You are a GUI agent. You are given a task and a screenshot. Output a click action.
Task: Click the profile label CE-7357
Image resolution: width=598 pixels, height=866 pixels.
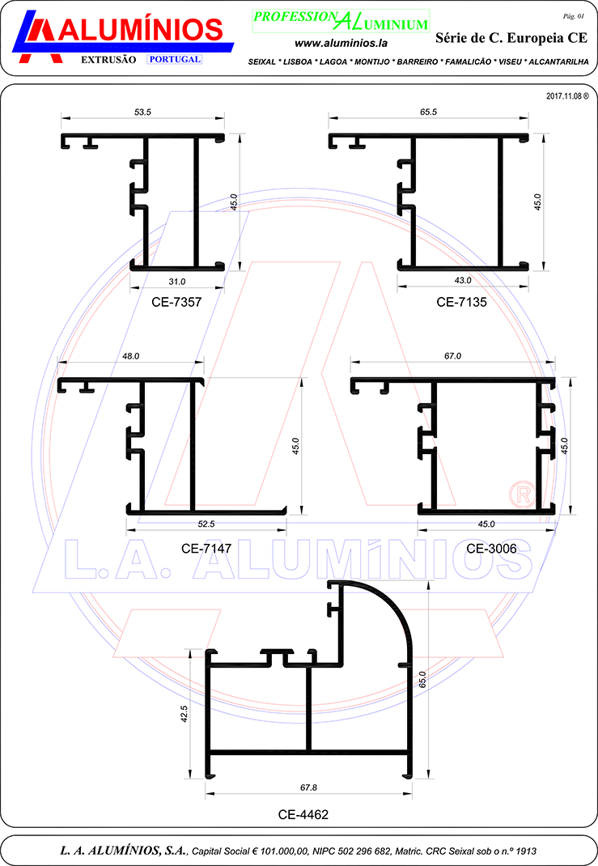(176, 302)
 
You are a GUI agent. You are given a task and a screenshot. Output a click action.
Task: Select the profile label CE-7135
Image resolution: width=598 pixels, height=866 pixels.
(461, 302)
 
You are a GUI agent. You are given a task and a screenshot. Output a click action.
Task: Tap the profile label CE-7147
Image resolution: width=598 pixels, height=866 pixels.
(206, 549)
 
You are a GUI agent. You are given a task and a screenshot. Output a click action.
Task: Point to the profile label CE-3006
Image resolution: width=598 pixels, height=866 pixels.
(491, 549)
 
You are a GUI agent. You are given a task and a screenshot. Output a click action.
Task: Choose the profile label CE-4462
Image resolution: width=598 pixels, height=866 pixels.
(303, 815)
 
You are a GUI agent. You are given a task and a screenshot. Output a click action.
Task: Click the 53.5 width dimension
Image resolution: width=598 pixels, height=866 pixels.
(142, 112)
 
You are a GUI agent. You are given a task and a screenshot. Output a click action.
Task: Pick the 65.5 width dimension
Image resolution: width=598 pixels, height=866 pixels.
(429, 112)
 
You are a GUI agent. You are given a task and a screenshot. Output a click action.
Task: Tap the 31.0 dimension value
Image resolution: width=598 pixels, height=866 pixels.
(177, 282)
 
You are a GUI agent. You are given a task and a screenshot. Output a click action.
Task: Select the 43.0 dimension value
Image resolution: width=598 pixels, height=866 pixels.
(463, 281)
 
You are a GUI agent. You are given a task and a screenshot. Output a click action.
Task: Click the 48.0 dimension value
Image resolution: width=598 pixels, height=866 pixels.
(131, 356)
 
